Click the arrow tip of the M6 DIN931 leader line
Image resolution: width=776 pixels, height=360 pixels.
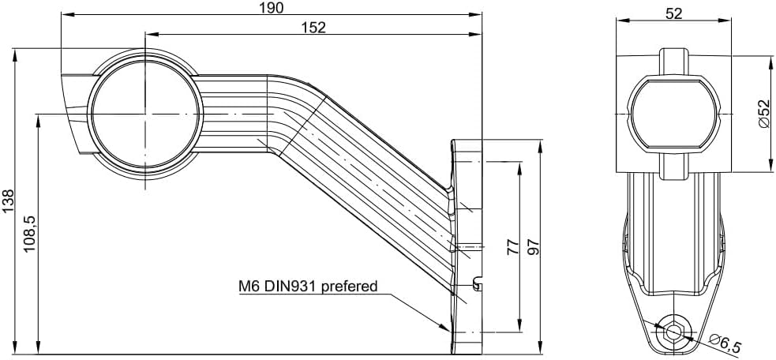pyautogui.click(x=450, y=331)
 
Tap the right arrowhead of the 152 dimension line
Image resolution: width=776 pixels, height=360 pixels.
pyautogui.click(x=481, y=34)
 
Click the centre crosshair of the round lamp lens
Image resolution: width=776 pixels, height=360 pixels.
pyautogui.click(x=145, y=114)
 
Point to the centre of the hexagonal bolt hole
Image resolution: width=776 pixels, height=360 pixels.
pyautogui.click(x=673, y=331)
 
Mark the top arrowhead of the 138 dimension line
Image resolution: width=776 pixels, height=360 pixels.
pyautogui.click(x=16, y=48)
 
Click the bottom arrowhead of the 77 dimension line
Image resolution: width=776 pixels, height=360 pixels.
pyautogui.click(x=519, y=332)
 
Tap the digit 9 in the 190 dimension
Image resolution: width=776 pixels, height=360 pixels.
pyautogui.click(x=276, y=7)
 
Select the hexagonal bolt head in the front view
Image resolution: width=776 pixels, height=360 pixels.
pyautogui.click(x=673, y=331)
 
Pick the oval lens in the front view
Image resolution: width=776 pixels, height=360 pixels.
pyautogui.click(x=673, y=114)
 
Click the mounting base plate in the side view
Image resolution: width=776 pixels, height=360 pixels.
pyautogui.click(x=467, y=247)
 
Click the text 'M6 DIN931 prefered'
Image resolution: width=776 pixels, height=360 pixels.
pyautogui.click(x=308, y=286)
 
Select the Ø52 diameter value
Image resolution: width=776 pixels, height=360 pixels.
pyautogui.click(x=763, y=114)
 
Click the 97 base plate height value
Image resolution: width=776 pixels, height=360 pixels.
pyautogui.click(x=534, y=246)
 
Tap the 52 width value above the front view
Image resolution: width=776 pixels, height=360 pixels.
pyautogui.click(x=674, y=13)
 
